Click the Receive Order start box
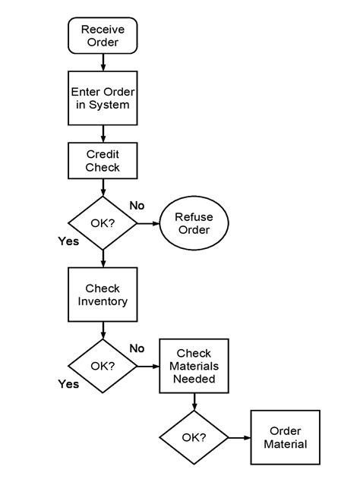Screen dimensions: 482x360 pyautogui.click(x=103, y=36)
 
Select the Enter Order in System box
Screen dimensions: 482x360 pyautogui.click(x=103, y=99)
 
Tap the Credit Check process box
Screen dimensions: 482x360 pyautogui.click(x=103, y=161)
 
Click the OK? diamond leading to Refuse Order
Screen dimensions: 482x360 pyautogui.click(x=103, y=223)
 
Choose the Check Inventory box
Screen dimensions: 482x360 pyautogui.click(x=103, y=295)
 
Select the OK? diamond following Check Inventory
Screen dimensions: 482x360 pyautogui.click(x=103, y=366)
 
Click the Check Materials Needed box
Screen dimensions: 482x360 pyautogui.click(x=193, y=366)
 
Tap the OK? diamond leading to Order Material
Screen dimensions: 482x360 pyautogui.click(x=194, y=437)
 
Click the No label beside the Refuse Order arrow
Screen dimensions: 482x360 pyautogui.click(x=137, y=206)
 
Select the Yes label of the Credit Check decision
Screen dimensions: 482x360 pyautogui.click(x=69, y=241)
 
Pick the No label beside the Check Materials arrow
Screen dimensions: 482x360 pyautogui.click(x=137, y=348)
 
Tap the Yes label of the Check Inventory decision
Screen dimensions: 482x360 pyautogui.click(x=69, y=384)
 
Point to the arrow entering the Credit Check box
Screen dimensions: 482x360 pyautogui.click(x=103, y=135)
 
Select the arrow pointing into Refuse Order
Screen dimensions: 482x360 pyautogui.click(x=148, y=223)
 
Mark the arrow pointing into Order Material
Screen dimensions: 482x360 pyautogui.click(x=239, y=437)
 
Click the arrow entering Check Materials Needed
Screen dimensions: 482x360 pyautogui.click(x=148, y=366)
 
